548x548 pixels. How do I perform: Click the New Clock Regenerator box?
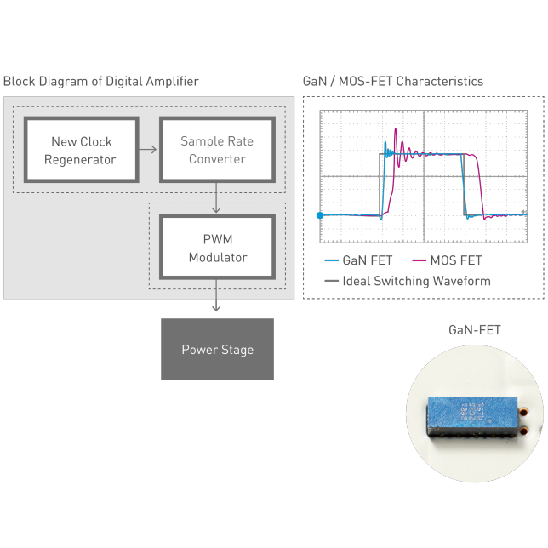point(82,150)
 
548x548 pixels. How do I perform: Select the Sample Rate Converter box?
point(217,150)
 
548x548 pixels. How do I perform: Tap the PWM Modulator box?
point(217,248)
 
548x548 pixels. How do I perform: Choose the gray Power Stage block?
point(217,349)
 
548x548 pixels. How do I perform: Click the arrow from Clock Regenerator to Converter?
point(148,150)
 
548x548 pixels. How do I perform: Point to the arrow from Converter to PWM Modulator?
point(218,197)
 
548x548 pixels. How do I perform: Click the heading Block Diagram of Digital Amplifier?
point(101,82)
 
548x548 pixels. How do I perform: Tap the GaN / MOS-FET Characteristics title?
point(393,82)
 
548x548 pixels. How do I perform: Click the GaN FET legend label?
point(367,260)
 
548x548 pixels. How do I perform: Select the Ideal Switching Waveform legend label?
point(416,281)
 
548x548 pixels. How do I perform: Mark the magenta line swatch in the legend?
point(420,260)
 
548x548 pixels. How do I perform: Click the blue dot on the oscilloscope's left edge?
point(321,215)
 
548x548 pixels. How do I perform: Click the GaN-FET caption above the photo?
point(475,329)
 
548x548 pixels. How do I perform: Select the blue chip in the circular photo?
point(473,415)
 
